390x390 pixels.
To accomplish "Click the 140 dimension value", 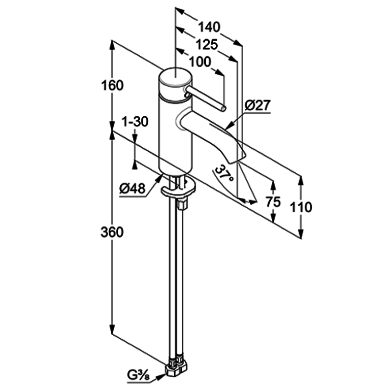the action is pyautogui.click(x=209, y=27).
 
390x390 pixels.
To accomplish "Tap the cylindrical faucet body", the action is pyautogui.click(x=176, y=136).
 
